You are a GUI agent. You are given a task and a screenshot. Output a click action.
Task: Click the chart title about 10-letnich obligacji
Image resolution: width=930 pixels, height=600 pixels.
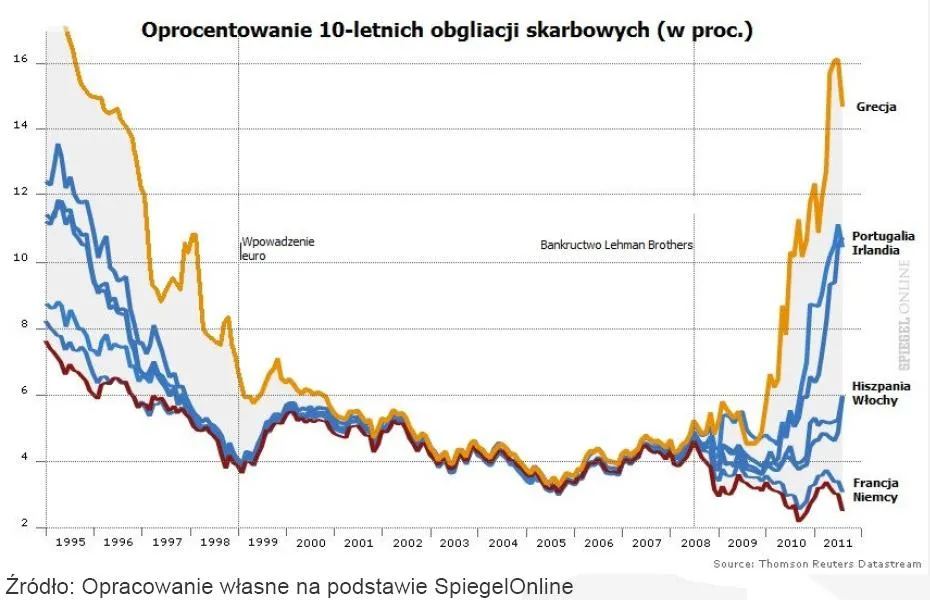(x=447, y=30)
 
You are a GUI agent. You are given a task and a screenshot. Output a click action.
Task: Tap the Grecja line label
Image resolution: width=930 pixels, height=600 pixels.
(x=876, y=106)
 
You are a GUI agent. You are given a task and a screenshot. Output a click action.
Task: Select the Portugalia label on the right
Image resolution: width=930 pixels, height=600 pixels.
(x=883, y=236)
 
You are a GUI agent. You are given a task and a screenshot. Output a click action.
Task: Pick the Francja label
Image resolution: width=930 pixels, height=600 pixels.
(x=875, y=482)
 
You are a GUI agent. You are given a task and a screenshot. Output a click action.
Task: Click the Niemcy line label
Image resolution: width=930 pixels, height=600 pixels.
(x=875, y=497)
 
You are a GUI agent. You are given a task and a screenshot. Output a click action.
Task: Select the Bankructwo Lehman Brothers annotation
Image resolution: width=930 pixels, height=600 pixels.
(x=616, y=244)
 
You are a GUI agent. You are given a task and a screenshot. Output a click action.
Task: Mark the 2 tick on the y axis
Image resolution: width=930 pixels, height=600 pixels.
(x=21, y=527)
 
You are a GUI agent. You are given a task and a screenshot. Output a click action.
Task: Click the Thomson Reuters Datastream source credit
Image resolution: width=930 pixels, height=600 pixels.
(x=817, y=564)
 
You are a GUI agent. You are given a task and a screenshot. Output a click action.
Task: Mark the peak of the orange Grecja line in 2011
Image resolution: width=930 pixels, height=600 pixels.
(x=836, y=60)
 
